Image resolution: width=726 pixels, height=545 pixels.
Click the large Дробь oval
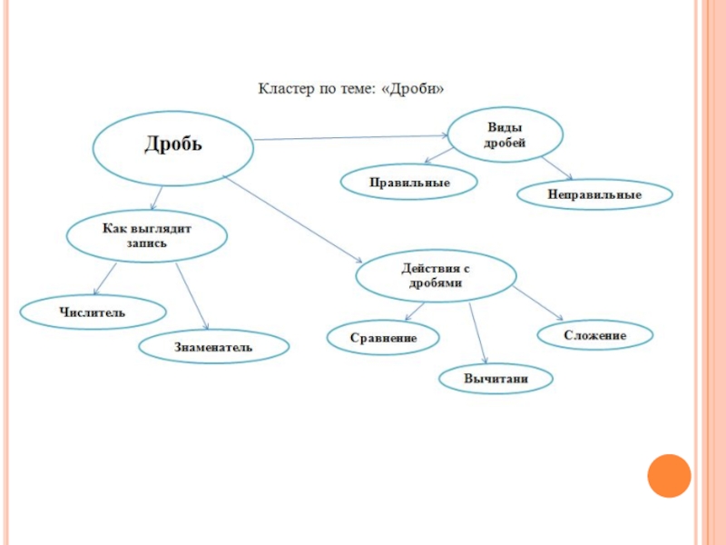coord(172,145)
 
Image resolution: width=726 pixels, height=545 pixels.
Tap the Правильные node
coord(409,183)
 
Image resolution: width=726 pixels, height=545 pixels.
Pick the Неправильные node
coord(594,194)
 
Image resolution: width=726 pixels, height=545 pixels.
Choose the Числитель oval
coord(93,312)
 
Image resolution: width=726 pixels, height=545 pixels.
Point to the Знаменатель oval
coord(214,346)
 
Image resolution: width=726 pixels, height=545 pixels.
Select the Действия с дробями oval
coord(436,276)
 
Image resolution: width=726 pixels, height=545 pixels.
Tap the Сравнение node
coord(383,338)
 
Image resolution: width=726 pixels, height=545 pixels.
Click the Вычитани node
coord(495,378)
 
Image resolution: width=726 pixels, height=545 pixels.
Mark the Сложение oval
coord(594,335)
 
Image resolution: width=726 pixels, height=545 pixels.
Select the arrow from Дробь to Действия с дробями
coord(290,216)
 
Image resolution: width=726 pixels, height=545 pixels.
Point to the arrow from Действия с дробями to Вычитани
coord(479,332)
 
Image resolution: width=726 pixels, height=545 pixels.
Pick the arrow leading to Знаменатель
coord(191,296)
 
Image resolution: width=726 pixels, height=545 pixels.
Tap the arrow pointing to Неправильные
coord(556,168)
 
